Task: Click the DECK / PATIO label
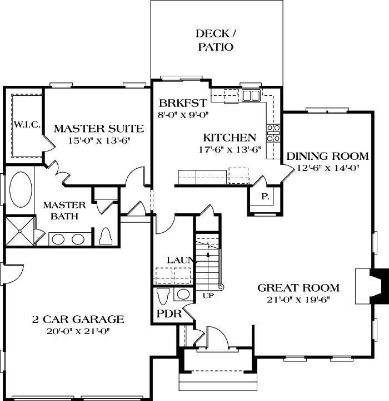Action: coord(215,40)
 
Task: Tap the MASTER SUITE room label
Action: coord(99,129)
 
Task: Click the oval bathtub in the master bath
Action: coord(21,188)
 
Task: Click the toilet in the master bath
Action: coord(107,236)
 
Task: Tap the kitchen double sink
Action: coord(251,95)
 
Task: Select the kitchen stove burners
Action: coord(273,133)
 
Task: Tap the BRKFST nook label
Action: coord(183,103)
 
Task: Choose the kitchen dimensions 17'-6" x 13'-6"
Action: coord(229,149)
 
